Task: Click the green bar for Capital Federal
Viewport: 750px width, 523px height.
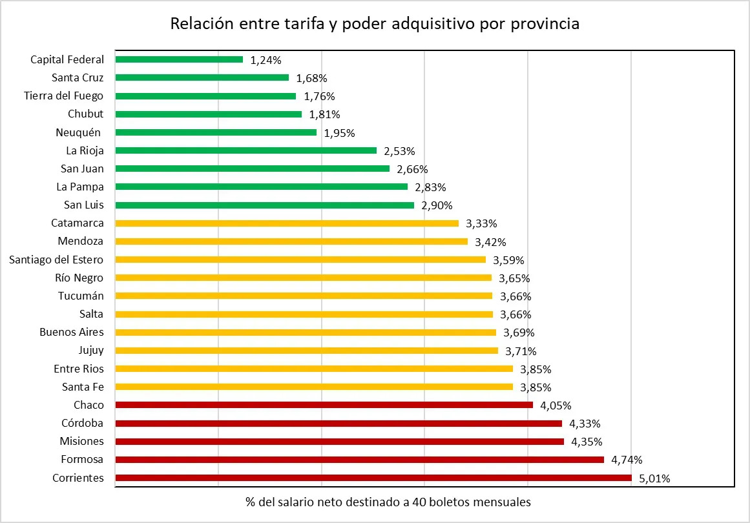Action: [179, 59]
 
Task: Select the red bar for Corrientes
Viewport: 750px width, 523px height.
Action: [373, 478]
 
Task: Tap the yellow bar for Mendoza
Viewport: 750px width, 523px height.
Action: [291, 241]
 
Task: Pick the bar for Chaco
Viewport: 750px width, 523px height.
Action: [324, 405]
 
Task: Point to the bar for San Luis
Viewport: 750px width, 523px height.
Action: [264, 205]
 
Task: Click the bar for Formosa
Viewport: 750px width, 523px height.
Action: [359, 460]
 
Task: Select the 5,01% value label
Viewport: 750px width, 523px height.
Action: [654, 478]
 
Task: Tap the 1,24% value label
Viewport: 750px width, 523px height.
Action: [266, 60]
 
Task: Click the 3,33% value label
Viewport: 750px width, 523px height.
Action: [481, 224]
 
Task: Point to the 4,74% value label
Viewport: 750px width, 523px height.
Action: [626, 460]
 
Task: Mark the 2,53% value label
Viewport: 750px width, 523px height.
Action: [399, 151]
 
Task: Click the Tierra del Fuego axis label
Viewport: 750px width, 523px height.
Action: [64, 96]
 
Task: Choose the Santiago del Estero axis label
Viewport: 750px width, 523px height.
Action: [56, 260]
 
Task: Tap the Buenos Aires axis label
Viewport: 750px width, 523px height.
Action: [72, 332]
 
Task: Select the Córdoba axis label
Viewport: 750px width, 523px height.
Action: [82, 423]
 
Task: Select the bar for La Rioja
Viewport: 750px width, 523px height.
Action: [245, 150]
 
